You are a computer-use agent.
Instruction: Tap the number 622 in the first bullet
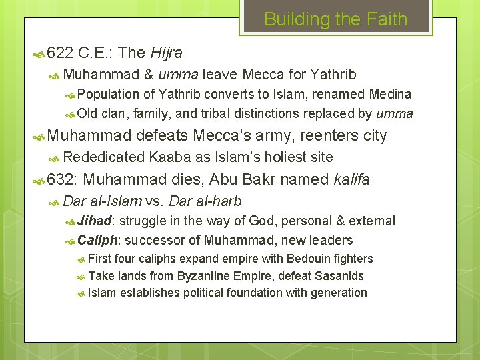(x=60, y=53)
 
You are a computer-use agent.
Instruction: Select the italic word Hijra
(x=167, y=53)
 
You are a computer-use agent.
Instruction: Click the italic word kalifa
(x=351, y=179)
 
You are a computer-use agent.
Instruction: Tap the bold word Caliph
(x=99, y=240)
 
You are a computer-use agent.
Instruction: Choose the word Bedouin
(x=309, y=259)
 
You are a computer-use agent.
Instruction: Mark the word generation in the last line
(x=339, y=293)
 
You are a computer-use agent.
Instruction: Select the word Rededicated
(x=105, y=157)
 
